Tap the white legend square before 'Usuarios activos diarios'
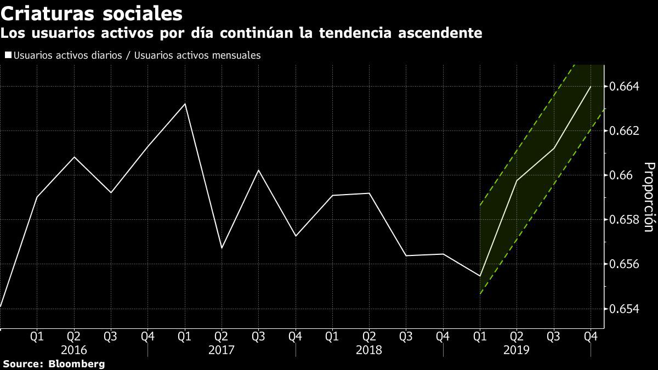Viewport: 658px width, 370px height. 8,55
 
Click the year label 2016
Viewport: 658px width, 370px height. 74,350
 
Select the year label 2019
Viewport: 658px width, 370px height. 517,350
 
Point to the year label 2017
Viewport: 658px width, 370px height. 222,350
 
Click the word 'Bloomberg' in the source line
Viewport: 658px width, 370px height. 77,364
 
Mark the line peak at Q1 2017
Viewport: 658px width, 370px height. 185,104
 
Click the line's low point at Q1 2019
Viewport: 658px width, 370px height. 480,276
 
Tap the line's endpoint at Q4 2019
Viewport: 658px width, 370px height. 591,86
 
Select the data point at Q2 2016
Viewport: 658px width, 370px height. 74,157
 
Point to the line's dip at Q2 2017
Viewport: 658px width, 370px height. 222,248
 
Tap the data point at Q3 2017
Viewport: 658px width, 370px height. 258,170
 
